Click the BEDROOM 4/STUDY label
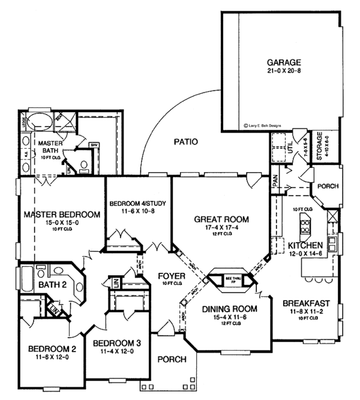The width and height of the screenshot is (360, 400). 138,203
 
